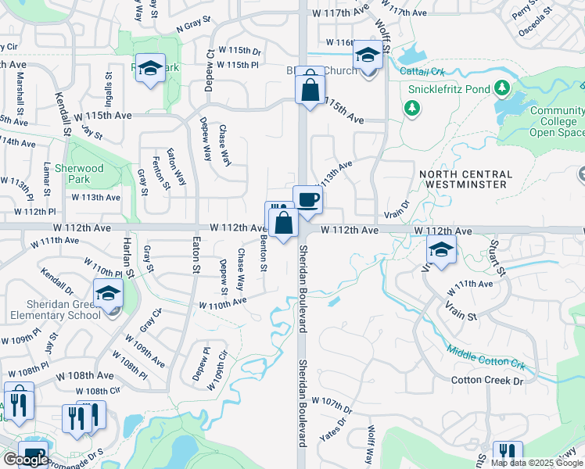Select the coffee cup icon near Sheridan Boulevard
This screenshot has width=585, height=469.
tap(307, 199)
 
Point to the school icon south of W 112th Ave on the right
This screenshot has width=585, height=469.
tap(441, 251)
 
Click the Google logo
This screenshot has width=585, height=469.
tap(25, 459)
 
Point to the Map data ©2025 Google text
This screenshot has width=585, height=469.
tap(537, 463)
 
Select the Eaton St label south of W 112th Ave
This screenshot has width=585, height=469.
tap(193, 255)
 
